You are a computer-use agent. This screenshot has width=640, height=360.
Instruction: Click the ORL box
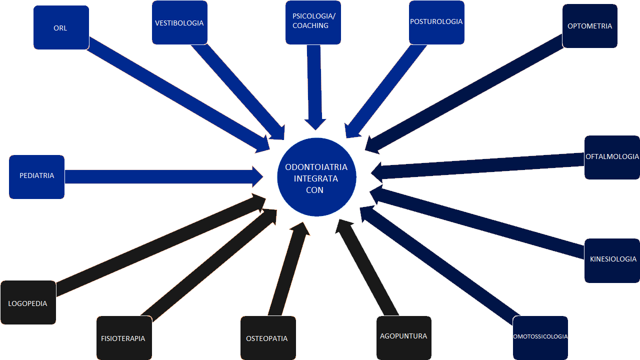click(x=61, y=27)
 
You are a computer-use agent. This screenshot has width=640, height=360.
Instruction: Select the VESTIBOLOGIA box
click(x=179, y=22)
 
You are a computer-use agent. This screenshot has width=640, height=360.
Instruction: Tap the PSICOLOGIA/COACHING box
click(x=313, y=22)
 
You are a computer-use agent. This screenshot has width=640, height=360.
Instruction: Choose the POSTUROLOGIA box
click(x=436, y=22)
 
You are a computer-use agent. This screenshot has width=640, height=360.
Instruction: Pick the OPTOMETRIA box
click(x=589, y=26)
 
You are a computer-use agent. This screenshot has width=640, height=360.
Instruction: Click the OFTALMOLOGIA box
click(x=612, y=157)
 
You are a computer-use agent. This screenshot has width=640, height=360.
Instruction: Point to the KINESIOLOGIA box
click(x=612, y=260)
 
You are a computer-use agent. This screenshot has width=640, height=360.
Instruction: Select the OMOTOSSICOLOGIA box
click(x=540, y=337)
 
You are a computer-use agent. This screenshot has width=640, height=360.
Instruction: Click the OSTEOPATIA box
click(x=267, y=338)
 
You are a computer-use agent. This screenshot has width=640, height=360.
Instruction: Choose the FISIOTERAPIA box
click(x=123, y=338)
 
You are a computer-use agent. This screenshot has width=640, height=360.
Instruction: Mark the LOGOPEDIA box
click(x=28, y=302)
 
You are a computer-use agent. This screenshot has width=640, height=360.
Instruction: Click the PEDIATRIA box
click(x=36, y=176)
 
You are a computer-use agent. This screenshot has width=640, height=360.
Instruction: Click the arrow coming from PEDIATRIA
click(x=160, y=176)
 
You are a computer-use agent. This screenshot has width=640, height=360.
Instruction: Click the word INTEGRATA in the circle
click(x=316, y=178)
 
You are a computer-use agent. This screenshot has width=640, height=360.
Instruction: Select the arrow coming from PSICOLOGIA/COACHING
click(x=314, y=85)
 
